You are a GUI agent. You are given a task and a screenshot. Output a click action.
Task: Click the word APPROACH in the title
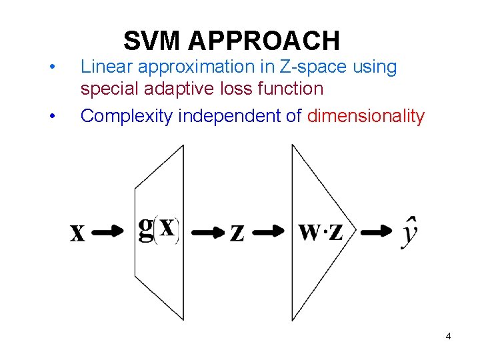tap(264, 41)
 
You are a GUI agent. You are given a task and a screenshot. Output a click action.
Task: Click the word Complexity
tap(125, 116)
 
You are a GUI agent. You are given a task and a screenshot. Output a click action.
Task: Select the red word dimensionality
tap(366, 116)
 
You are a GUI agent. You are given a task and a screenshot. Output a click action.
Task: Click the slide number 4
tap(448, 336)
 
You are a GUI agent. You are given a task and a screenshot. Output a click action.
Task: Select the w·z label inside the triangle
tap(321, 231)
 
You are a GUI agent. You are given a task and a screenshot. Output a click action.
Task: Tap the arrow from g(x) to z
tap(208, 232)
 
